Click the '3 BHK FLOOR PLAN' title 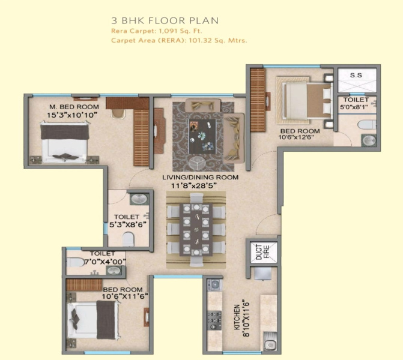click(165, 20)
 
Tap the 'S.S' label click(356, 75)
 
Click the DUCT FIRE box click(262, 252)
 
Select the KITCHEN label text click(237, 317)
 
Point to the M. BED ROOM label click(74, 107)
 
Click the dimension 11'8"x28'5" click(194, 185)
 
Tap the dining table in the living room click(196, 230)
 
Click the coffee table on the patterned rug click(202, 136)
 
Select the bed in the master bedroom click(64, 142)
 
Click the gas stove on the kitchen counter click(214, 320)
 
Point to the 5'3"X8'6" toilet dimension click(128, 224)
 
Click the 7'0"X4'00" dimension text click(105, 262)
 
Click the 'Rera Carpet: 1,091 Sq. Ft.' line click(157, 31)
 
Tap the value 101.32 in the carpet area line click(201, 40)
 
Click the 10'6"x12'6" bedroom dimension click(296, 137)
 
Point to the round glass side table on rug click(198, 163)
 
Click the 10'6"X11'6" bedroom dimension click(125, 296)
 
